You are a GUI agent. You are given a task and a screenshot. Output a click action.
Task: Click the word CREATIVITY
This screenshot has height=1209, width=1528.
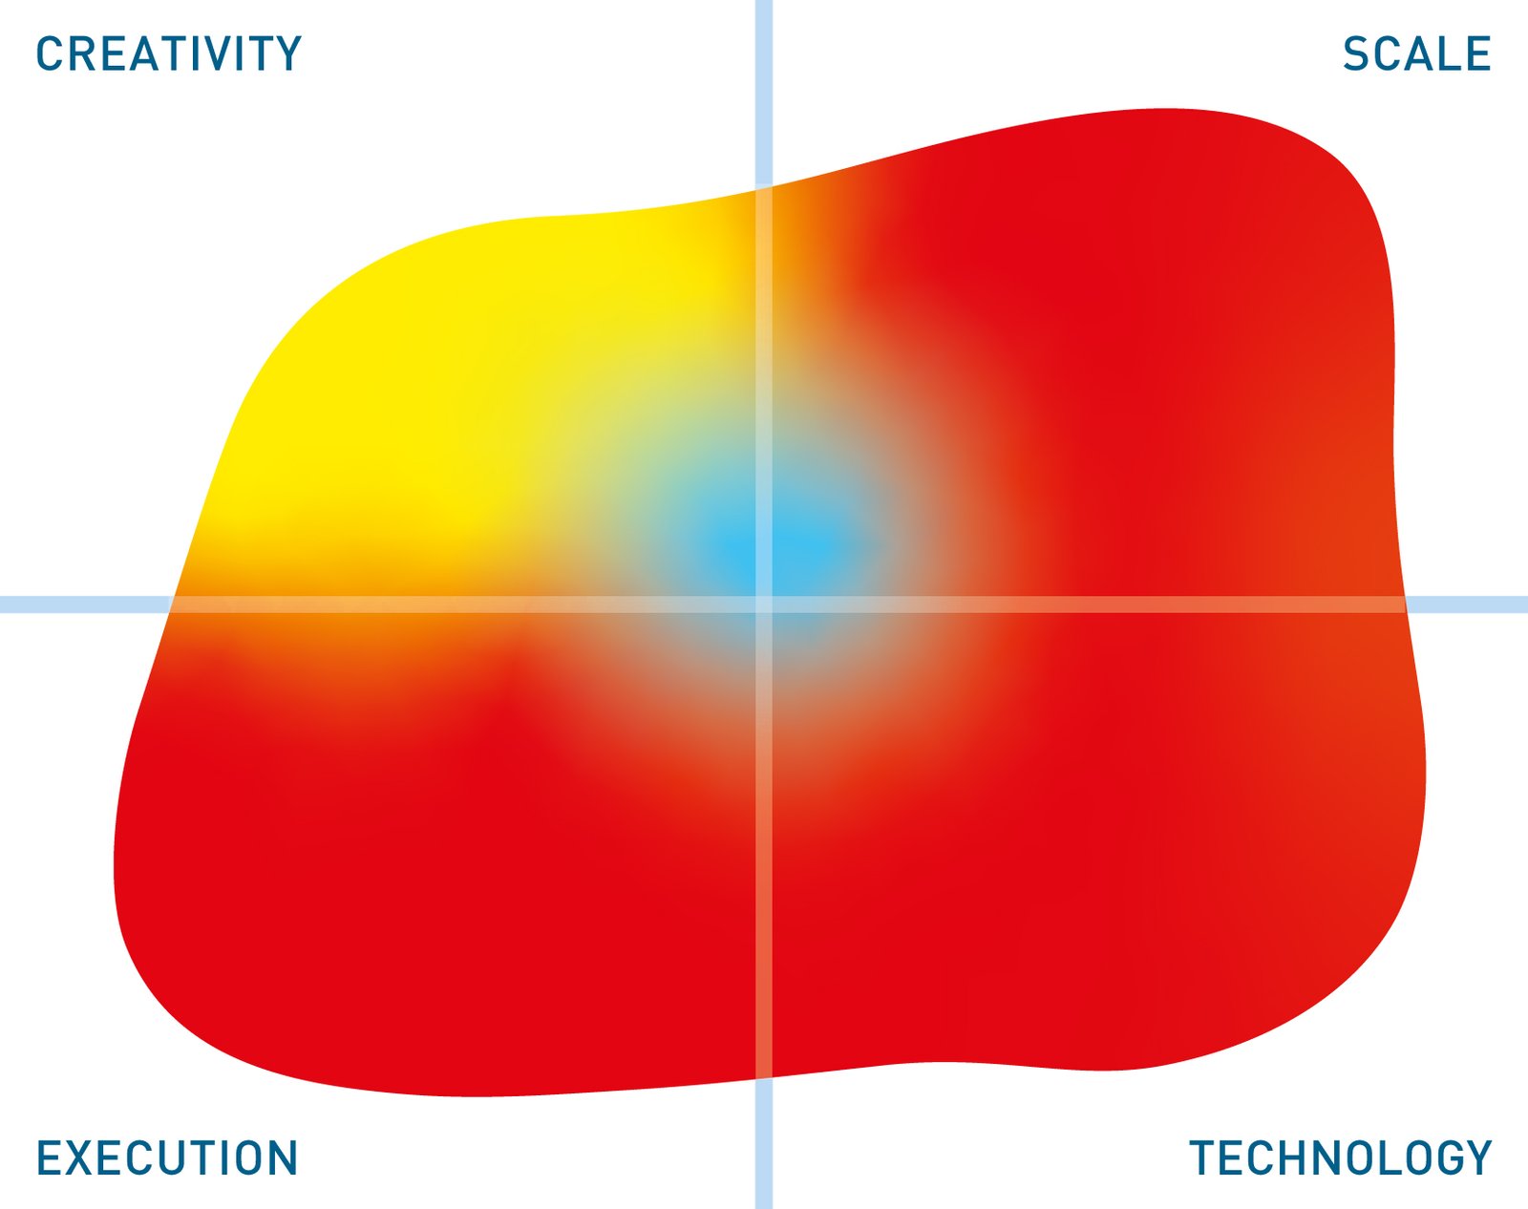[x=169, y=53]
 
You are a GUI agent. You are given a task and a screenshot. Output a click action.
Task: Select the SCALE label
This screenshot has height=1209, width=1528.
[x=1416, y=53]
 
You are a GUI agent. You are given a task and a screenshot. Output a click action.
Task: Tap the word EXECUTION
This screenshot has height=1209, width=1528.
[x=167, y=1157]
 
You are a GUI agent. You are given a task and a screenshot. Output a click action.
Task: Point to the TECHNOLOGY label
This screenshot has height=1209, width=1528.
[x=1341, y=1157]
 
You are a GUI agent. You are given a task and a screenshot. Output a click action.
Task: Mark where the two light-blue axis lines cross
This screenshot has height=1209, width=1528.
[x=763, y=604]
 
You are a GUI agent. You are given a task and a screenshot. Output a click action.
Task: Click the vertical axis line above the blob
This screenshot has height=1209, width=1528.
[x=763, y=93]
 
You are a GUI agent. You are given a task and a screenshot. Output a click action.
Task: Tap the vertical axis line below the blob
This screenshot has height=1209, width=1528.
[x=763, y=1144]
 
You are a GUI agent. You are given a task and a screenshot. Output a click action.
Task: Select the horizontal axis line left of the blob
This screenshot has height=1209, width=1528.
[x=85, y=604]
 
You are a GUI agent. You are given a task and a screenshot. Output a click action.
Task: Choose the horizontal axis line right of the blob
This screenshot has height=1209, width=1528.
[x=1467, y=604]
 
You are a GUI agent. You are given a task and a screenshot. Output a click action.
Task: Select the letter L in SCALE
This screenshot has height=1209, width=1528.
[x=1446, y=53]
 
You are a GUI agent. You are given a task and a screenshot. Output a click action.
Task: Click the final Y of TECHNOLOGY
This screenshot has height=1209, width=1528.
[x=1476, y=1157]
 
